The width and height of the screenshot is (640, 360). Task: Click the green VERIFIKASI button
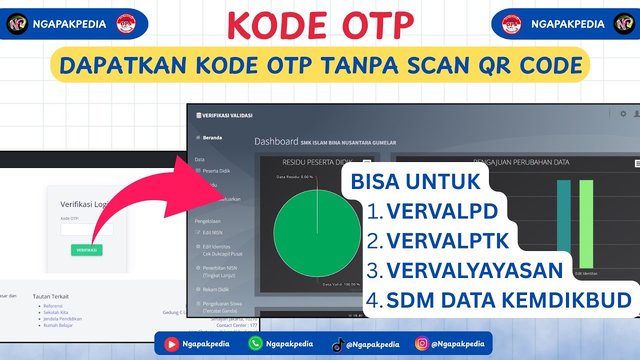(86, 249)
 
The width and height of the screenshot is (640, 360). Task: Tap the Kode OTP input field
(87, 229)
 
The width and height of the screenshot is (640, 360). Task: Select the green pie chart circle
(317, 233)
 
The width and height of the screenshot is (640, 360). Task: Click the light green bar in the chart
(586, 224)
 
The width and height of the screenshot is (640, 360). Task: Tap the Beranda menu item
(212, 137)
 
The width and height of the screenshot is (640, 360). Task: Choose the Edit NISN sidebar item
(212, 232)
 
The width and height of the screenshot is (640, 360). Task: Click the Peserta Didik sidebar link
(216, 171)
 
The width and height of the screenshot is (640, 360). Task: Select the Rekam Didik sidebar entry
(215, 289)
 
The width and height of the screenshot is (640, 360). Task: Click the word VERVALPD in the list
(442, 211)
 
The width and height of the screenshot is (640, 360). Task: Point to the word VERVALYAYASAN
(474, 270)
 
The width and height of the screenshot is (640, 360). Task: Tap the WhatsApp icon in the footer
(255, 343)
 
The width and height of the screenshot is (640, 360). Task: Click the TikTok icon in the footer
(338, 344)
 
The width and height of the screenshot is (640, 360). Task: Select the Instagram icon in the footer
(422, 343)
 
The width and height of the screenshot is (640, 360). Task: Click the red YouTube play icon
(171, 343)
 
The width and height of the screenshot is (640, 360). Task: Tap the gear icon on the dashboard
(623, 114)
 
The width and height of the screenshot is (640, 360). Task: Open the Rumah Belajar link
(58, 325)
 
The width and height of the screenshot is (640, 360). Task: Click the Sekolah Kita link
(55, 312)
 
